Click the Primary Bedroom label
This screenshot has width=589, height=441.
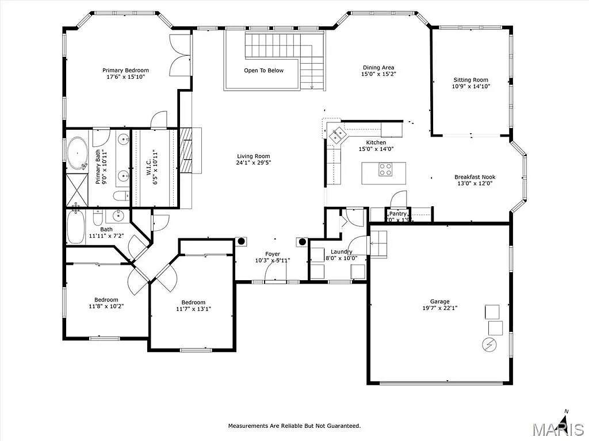(x=125, y=70)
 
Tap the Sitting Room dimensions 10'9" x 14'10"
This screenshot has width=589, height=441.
(x=471, y=87)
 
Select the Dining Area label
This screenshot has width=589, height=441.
(x=378, y=67)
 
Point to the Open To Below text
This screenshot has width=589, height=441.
(x=263, y=71)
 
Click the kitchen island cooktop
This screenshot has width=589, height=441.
(x=385, y=169)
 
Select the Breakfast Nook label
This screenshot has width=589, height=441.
(x=475, y=177)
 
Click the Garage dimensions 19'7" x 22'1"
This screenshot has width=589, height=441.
(x=439, y=308)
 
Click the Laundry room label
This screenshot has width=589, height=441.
(x=341, y=252)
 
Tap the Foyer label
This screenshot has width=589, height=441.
(x=273, y=254)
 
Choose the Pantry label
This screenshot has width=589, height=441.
(x=398, y=214)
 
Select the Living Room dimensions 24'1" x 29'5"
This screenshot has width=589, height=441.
(x=253, y=163)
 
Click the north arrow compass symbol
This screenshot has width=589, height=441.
(x=565, y=422)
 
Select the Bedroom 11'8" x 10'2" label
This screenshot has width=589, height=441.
(x=106, y=300)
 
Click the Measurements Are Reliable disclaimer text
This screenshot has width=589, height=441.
(x=294, y=425)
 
